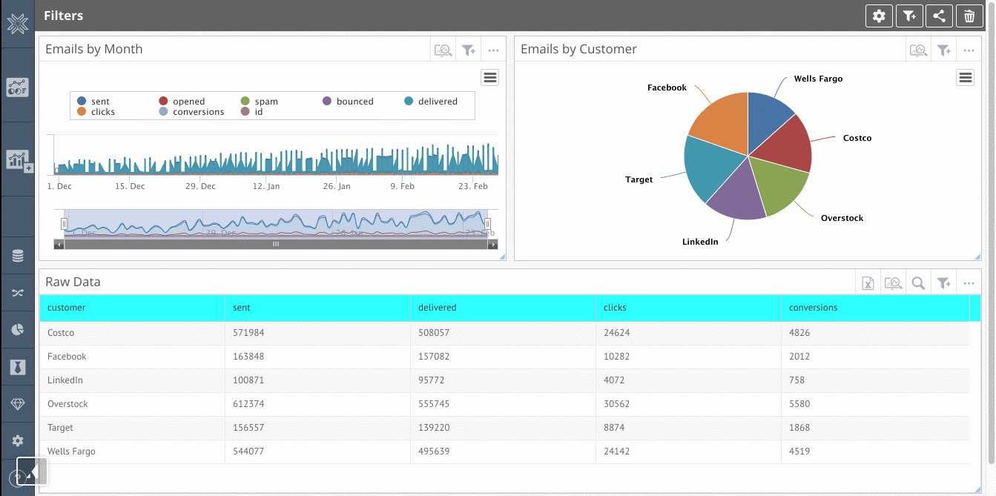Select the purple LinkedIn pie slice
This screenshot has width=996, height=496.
pos(733,196)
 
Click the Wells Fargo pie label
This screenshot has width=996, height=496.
pos(818,79)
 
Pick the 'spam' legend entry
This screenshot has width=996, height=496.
pos(266,102)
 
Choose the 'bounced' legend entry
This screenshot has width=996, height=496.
pos(354,102)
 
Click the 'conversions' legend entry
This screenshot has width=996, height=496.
pos(198,112)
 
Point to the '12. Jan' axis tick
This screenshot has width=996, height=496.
pos(267,186)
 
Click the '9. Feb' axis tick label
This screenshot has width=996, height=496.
pos(403,186)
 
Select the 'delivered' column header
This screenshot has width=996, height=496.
pos(438,308)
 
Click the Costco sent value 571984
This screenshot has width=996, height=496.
pos(248,333)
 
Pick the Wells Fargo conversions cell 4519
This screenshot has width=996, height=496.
pos(799,452)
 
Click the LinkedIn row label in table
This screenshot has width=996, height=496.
pos(65,380)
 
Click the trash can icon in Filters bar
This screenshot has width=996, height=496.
pos(969,16)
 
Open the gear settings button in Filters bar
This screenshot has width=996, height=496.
pos(879,16)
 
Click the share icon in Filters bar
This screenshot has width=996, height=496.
pos(938,16)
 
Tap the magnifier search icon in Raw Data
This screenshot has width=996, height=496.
pos(918,282)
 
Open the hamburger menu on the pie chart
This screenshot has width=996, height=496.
pos(965,77)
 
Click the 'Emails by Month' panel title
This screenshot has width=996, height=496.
pos(94,50)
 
